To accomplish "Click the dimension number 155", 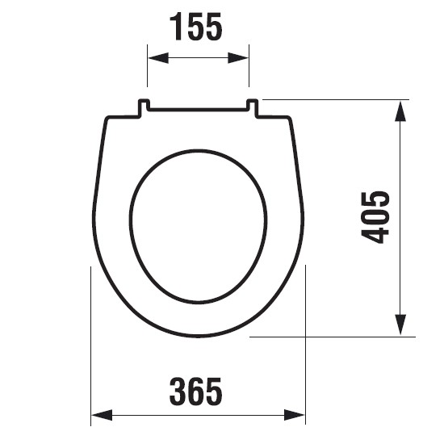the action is (x=195, y=27).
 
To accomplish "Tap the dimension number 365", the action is (x=195, y=392).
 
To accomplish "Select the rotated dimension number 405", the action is (x=375, y=217).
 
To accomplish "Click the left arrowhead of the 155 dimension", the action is (x=158, y=58).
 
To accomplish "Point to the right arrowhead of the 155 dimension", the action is (x=238, y=58).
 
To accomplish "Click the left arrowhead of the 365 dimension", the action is (x=102, y=416).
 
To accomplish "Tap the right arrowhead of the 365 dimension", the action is (x=295, y=416).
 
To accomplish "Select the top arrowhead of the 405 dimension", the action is (x=400, y=111).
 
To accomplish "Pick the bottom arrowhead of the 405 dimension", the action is (x=400, y=325).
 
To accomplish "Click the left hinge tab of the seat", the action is (x=144, y=107).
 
